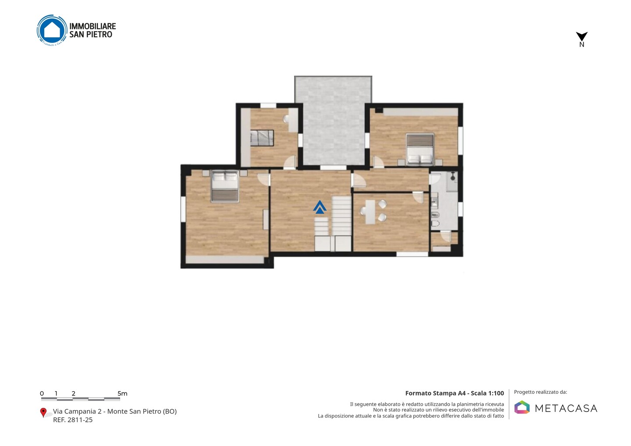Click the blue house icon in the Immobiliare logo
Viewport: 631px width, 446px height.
tap(52, 30)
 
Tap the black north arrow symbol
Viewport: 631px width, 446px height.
tap(581, 36)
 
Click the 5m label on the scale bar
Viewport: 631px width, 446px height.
tap(122, 393)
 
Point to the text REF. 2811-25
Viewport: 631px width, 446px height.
tap(73, 420)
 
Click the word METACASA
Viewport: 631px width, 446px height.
tap(566, 408)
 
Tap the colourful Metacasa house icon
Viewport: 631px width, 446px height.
tap(522, 407)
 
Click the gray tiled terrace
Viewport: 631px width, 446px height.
tap(333, 121)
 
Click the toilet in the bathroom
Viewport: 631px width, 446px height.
tap(435, 223)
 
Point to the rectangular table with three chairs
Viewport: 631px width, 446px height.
tap(373, 212)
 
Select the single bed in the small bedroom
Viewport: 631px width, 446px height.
tap(262, 138)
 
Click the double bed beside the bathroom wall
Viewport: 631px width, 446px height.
tap(420, 149)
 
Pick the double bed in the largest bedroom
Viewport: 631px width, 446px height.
tap(225, 187)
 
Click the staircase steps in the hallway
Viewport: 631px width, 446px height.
tap(333, 224)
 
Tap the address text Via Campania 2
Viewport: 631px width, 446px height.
tap(77, 411)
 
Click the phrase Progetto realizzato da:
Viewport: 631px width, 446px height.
tap(540, 392)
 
